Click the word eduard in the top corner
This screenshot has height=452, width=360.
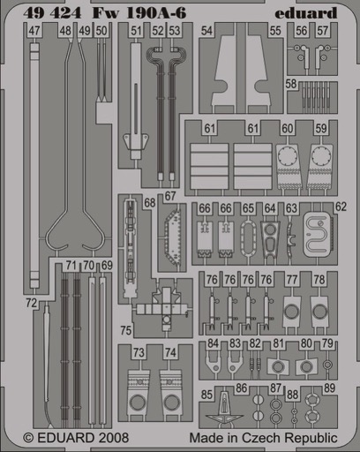pyautogui.click(x=306, y=13)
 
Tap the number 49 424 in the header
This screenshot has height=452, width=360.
pyautogui.click(x=52, y=13)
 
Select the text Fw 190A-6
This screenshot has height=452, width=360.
pyautogui.click(x=139, y=13)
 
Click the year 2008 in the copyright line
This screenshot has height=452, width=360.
pyautogui.click(x=114, y=438)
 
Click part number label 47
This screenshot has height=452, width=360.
pyautogui.click(x=34, y=31)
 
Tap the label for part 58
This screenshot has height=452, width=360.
pyautogui.click(x=291, y=84)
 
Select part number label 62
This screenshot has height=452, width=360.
pyautogui.click(x=341, y=207)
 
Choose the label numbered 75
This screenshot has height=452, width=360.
pyautogui.click(x=125, y=330)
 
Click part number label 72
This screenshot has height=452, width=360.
pyautogui.click(x=31, y=303)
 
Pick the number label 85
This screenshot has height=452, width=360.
pyautogui.click(x=206, y=395)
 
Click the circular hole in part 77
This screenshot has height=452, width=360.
pyautogui.click(x=291, y=312)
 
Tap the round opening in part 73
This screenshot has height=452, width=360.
pyautogui.click(x=138, y=403)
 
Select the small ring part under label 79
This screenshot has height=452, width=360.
pyautogui.click(x=327, y=365)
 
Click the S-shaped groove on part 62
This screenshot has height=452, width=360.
pyautogui.click(x=316, y=236)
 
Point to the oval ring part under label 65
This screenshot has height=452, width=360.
pyautogui.click(x=248, y=239)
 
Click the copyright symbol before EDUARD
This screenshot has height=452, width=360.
pyautogui.click(x=28, y=438)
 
